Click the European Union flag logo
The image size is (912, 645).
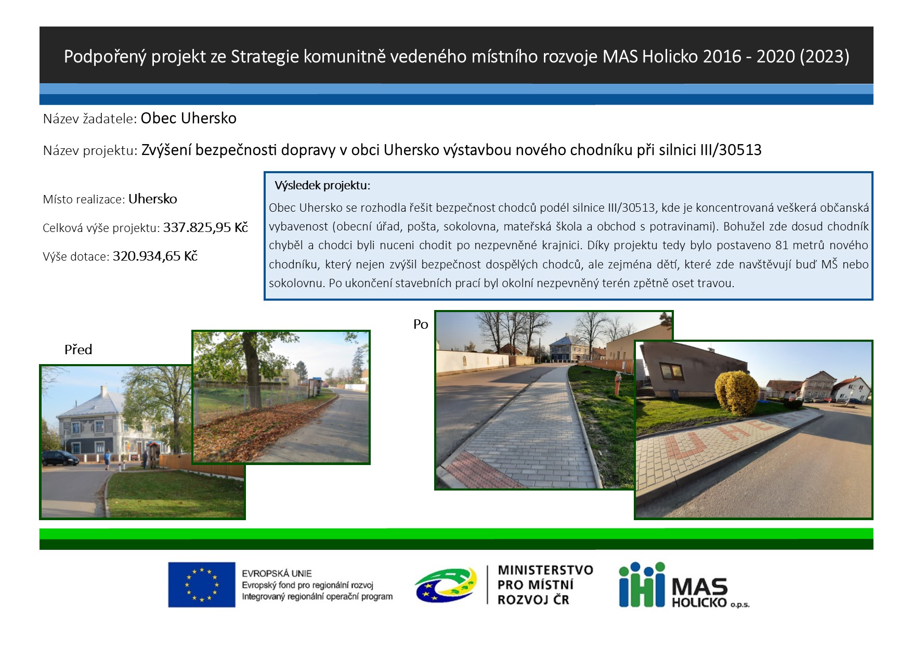201,585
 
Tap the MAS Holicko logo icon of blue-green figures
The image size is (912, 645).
642,585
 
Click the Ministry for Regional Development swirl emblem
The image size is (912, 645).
446,585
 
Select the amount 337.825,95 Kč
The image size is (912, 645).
205,227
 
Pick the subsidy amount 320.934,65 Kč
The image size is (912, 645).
155,256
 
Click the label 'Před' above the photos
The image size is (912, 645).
78,350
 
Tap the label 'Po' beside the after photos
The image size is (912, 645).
421,325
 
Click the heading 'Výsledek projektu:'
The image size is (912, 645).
322,186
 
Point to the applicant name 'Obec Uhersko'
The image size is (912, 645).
188,119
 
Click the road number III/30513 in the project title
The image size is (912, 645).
731,150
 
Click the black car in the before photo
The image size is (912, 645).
60,458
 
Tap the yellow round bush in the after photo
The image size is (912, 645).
737,393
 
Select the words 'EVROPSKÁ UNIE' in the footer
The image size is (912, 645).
277,573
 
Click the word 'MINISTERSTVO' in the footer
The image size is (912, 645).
545,570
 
